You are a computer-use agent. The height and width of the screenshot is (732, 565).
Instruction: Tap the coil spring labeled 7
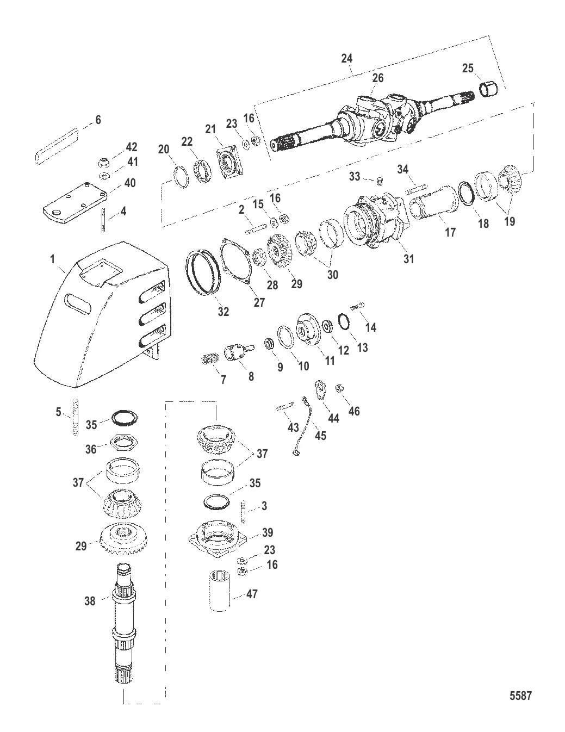coord(208,359)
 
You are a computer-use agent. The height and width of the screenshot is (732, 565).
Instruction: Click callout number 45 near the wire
coord(321,436)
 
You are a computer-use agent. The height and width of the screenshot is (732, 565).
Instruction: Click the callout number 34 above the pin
coord(402,170)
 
